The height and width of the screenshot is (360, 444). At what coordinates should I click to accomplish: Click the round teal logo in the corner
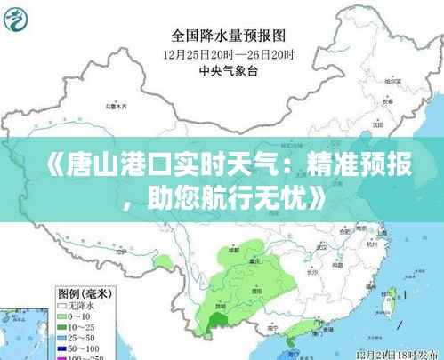pos(18,19)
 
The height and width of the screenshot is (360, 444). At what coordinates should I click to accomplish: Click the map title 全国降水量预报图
pos(228,36)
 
